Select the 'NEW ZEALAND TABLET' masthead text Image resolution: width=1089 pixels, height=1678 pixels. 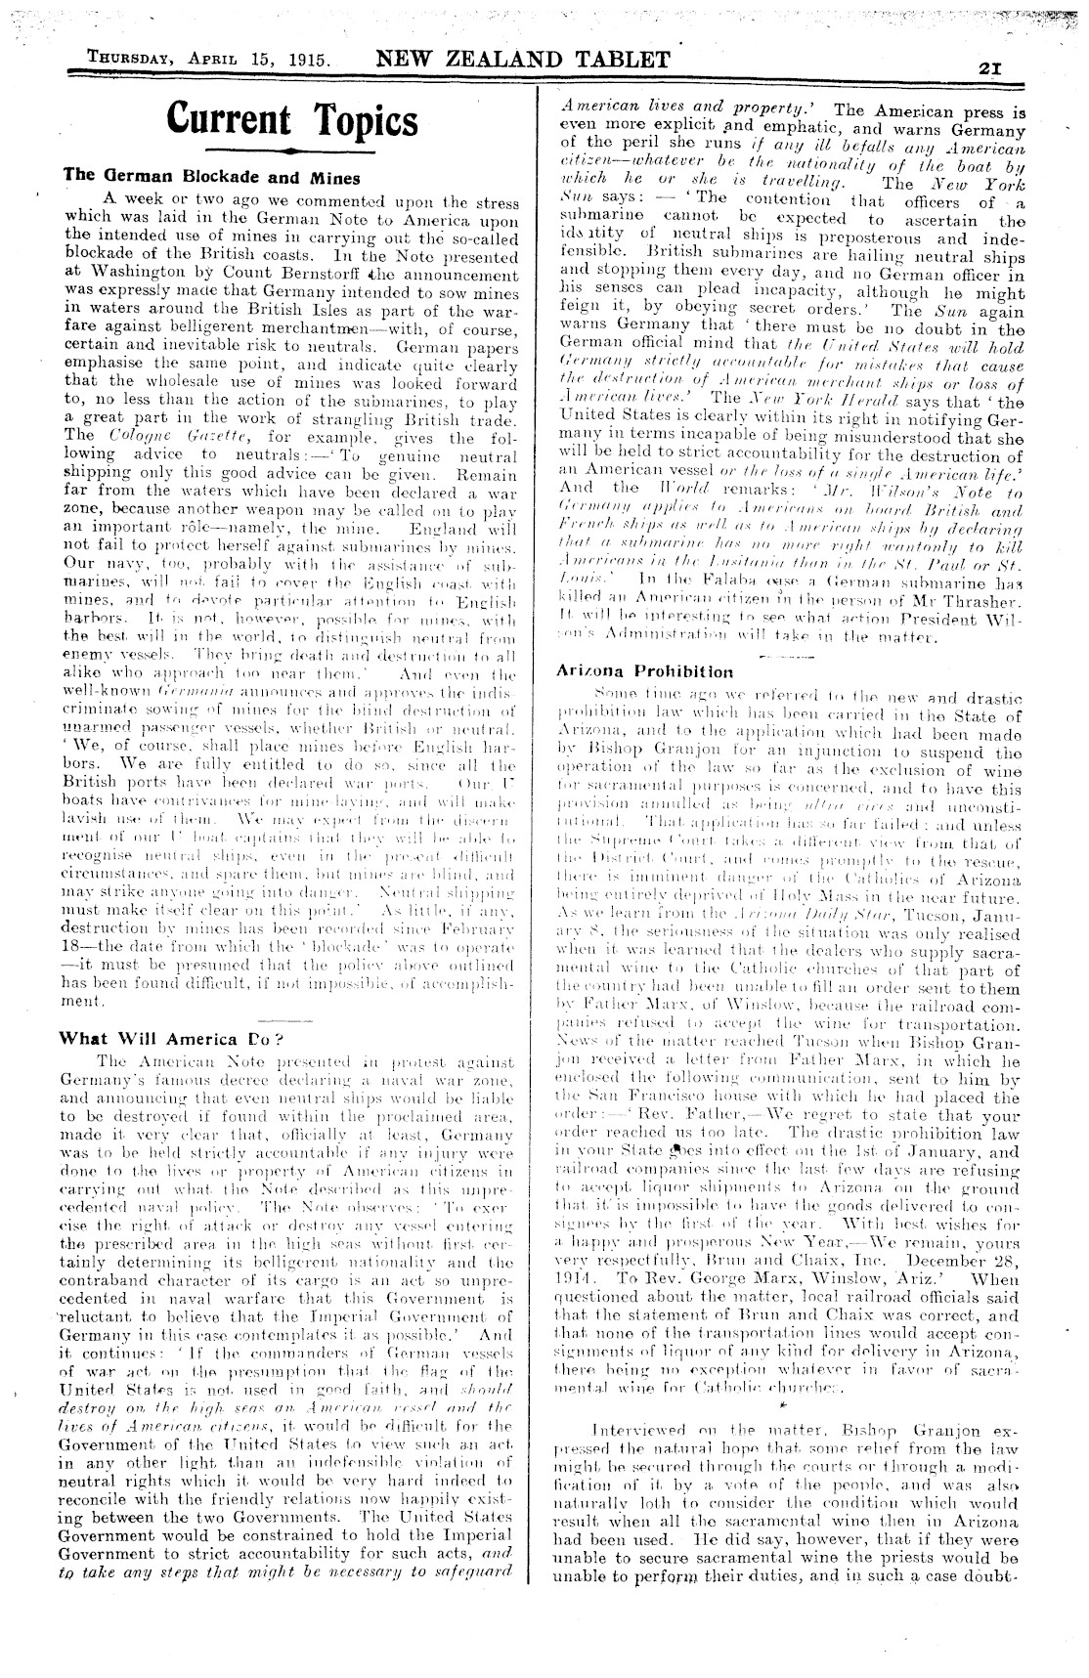point(523,60)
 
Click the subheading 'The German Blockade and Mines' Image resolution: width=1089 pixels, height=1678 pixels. point(212,177)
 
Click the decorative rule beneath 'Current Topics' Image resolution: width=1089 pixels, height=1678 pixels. point(292,152)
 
